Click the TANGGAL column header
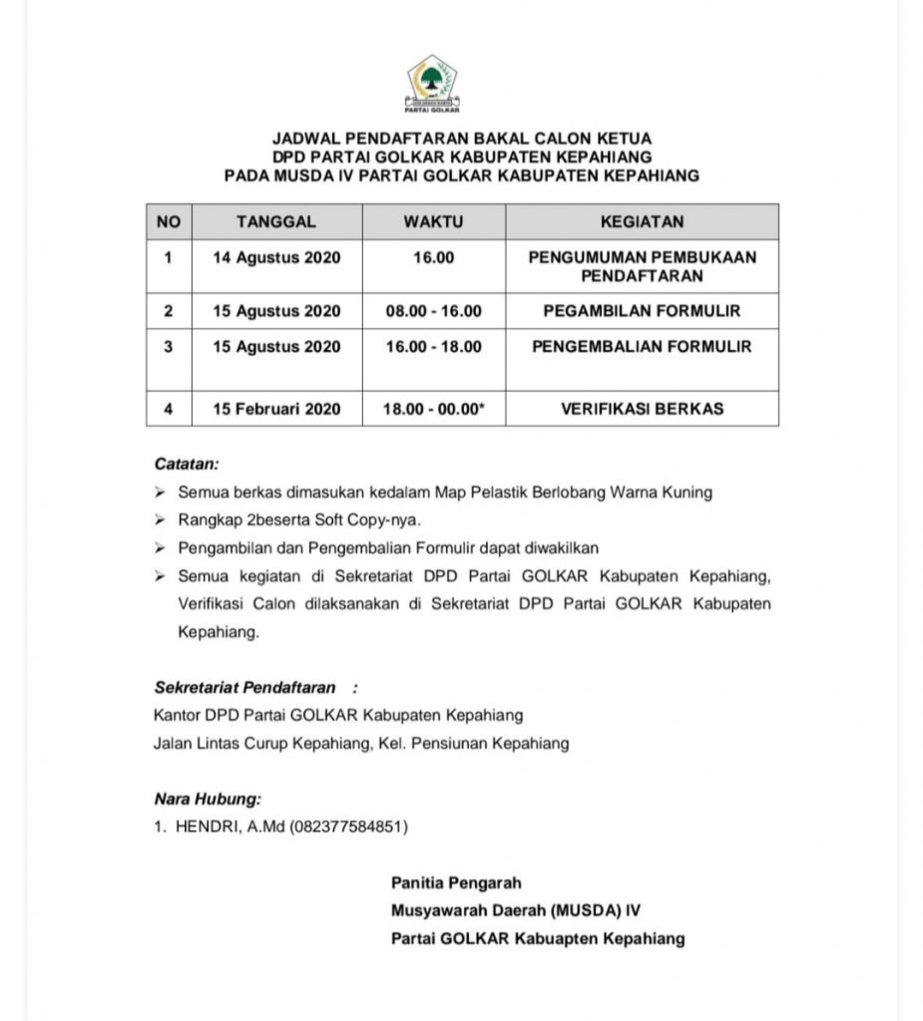(x=276, y=221)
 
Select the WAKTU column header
(x=433, y=221)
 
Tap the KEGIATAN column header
(x=642, y=221)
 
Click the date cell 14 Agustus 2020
(x=276, y=257)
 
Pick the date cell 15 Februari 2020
(x=276, y=409)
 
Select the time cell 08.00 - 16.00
(x=433, y=311)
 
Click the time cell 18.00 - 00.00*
(x=433, y=409)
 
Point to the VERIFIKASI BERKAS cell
(x=642, y=409)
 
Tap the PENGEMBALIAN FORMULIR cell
(x=642, y=347)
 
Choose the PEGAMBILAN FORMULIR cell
(x=642, y=311)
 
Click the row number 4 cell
(x=169, y=409)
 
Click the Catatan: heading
(x=187, y=464)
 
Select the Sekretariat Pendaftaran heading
(x=245, y=687)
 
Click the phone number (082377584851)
(x=348, y=827)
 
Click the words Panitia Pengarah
(x=456, y=882)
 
